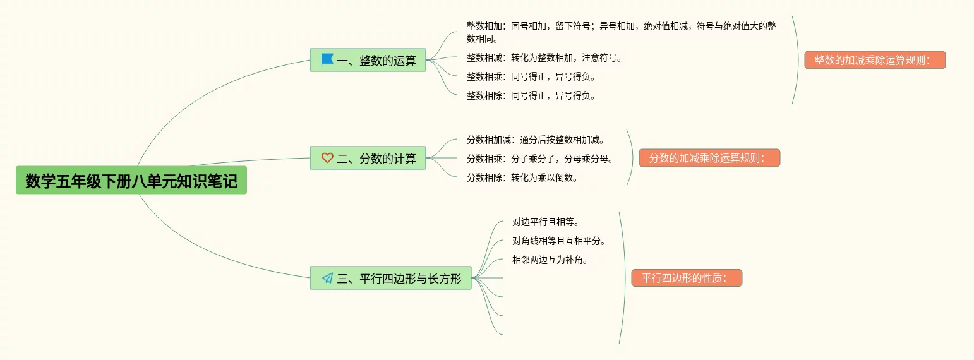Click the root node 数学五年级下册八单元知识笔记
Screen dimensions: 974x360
[131, 181]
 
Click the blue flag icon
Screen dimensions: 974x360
[327, 60]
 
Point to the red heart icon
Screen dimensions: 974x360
[327, 158]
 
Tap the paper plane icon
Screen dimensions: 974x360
[327, 278]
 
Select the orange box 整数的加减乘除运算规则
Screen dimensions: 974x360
[874, 60]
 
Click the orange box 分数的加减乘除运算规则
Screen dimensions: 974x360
[709, 158]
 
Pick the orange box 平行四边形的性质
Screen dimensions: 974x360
[687, 278]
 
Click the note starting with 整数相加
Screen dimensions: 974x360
[622, 32]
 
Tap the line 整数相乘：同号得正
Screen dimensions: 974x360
[531, 76]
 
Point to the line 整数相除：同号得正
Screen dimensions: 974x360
[531, 95]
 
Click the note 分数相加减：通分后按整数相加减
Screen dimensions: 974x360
[536, 140]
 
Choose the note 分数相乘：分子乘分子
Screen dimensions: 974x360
[540, 159]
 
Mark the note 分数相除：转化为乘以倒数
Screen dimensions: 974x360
[522, 177]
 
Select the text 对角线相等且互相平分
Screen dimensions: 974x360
[559, 241]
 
